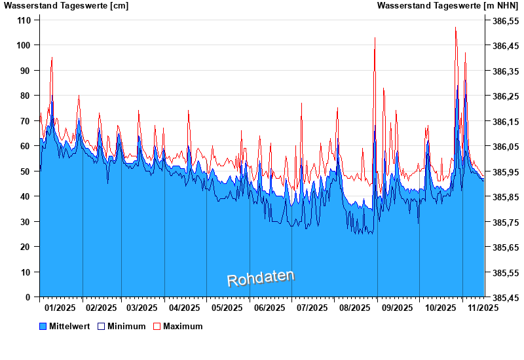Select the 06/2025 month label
coord(269,308)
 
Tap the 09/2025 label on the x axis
coord(397,308)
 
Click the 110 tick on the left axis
coord(24,20)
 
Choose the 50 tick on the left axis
coord(27,171)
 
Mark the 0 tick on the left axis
coord(29,297)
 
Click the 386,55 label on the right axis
coord(505,21)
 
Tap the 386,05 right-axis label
coord(505,147)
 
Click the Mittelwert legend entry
coord(69,326)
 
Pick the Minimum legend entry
coord(126,326)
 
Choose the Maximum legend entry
coord(183,326)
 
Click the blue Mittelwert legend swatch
coord(43,326)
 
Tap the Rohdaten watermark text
coord(261,278)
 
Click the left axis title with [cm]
coord(66,6)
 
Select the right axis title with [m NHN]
coord(447,6)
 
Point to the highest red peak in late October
coord(456,28)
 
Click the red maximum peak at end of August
coord(375,38)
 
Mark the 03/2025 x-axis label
coord(142,308)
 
